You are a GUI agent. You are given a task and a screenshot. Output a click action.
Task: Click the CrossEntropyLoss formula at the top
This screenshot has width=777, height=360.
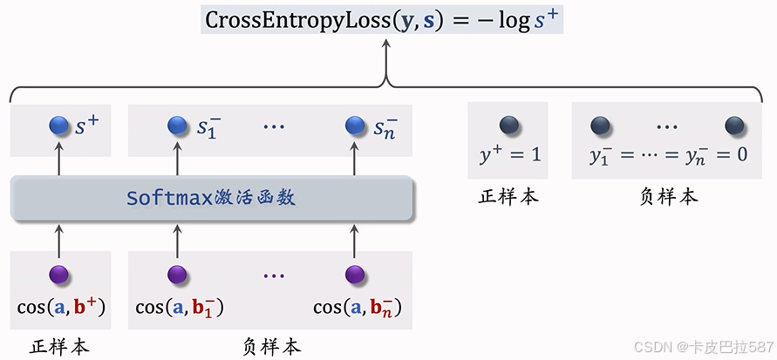coord(382,20)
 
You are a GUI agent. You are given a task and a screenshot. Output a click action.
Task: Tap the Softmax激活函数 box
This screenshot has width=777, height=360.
coord(211,198)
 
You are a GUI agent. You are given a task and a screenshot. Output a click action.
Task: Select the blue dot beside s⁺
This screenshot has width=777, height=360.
coord(59,126)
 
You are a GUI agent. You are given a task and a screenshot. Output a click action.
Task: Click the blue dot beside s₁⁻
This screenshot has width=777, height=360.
coord(178,126)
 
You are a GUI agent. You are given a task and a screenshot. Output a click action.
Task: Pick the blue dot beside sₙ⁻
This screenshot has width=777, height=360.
coord(354,126)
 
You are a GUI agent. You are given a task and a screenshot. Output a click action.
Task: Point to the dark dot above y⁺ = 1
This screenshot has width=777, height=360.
coord(508,126)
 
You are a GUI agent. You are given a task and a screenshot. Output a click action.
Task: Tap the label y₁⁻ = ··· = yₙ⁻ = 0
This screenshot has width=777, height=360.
coord(668,155)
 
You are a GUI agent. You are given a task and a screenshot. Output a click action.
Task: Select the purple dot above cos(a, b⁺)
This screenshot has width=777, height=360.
coord(59,275)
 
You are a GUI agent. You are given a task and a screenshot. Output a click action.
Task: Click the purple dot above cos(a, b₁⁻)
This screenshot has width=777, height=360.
coord(178,275)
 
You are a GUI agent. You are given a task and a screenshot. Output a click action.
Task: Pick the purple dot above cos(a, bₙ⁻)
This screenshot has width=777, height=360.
coord(354,275)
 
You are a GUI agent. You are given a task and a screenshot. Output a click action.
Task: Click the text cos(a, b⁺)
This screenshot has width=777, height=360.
coord(61,307)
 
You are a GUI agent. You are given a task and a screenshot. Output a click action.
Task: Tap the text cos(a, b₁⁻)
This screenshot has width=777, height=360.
coord(180,307)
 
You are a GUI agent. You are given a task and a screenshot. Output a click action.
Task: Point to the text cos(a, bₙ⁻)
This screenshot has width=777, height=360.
coord(357,307)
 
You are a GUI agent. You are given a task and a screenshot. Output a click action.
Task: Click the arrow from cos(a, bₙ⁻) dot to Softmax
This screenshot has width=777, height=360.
coord(354,240)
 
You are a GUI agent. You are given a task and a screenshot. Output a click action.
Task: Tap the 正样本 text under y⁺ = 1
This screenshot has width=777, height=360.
coord(508,196)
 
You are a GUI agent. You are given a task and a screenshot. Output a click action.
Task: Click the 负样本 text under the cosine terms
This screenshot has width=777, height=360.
coord(271,346)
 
